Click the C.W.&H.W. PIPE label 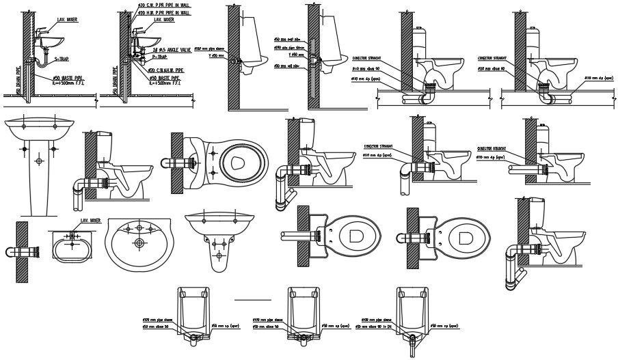point(168,69)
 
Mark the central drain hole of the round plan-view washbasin point(139,241)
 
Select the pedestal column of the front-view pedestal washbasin point(38,181)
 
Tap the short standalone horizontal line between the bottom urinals point(252,300)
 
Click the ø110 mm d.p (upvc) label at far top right point(600,79)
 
